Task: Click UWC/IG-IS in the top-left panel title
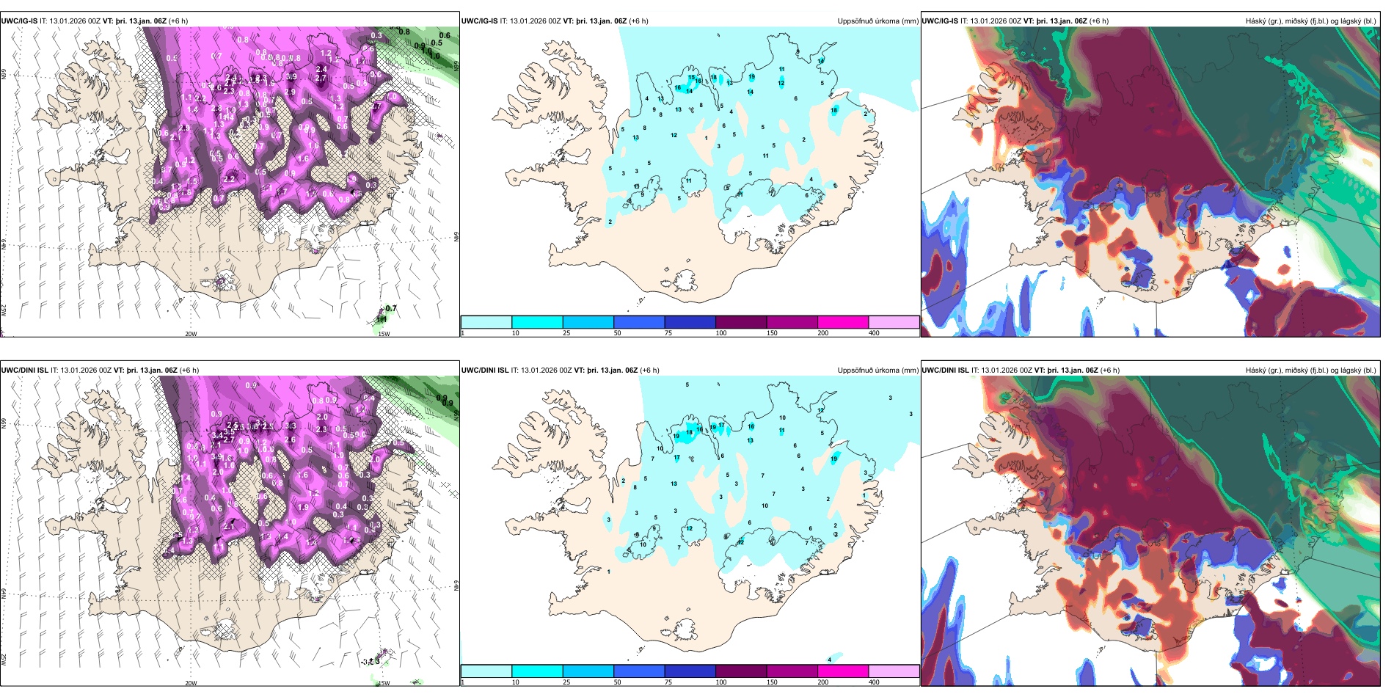19,21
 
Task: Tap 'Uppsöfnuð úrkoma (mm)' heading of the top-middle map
877,21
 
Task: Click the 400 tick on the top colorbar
874,333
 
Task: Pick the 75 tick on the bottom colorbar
668,682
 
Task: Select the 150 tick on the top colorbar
772,333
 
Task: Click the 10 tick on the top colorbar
515,333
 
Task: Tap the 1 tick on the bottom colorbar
463,682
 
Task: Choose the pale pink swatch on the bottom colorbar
894,671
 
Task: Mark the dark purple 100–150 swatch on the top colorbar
741,322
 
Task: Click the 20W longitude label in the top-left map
191,334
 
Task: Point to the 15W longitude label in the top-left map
383,334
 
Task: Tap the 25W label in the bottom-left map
4,660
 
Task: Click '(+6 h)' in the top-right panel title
1098,21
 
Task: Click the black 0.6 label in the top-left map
445,35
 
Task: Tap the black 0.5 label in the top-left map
436,43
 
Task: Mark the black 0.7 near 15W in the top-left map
391,309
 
